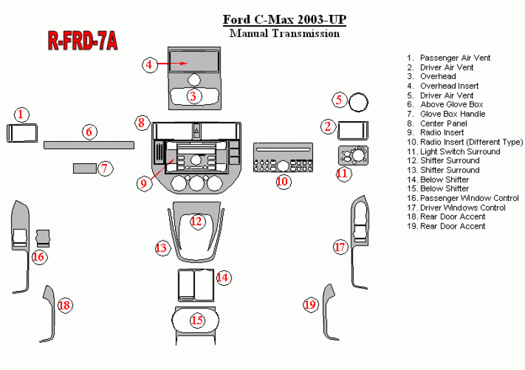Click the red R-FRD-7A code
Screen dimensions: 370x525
[x=83, y=40]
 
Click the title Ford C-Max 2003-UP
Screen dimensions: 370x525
[x=284, y=19]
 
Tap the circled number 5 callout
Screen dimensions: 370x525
[x=339, y=100]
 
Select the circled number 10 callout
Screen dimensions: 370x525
[x=283, y=181]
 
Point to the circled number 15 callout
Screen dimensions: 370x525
[x=197, y=320]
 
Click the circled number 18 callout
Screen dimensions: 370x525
[x=64, y=305]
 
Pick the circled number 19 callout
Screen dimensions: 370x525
[x=311, y=305]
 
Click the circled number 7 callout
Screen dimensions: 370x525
[x=104, y=169]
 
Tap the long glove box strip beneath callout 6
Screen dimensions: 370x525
[x=89, y=145]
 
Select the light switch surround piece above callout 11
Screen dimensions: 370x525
[x=353, y=157]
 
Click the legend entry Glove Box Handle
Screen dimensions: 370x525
[x=452, y=114]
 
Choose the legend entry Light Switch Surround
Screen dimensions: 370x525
[x=460, y=152]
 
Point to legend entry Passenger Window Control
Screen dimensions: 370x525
[x=469, y=198]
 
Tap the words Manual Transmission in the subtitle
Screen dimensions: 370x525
[x=285, y=34]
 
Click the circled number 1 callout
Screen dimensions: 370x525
[x=21, y=115]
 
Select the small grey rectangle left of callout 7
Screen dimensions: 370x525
[x=83, y=169]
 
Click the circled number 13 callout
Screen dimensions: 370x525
[x=161, y=248]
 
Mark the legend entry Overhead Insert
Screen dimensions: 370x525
[x=449, y=86]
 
